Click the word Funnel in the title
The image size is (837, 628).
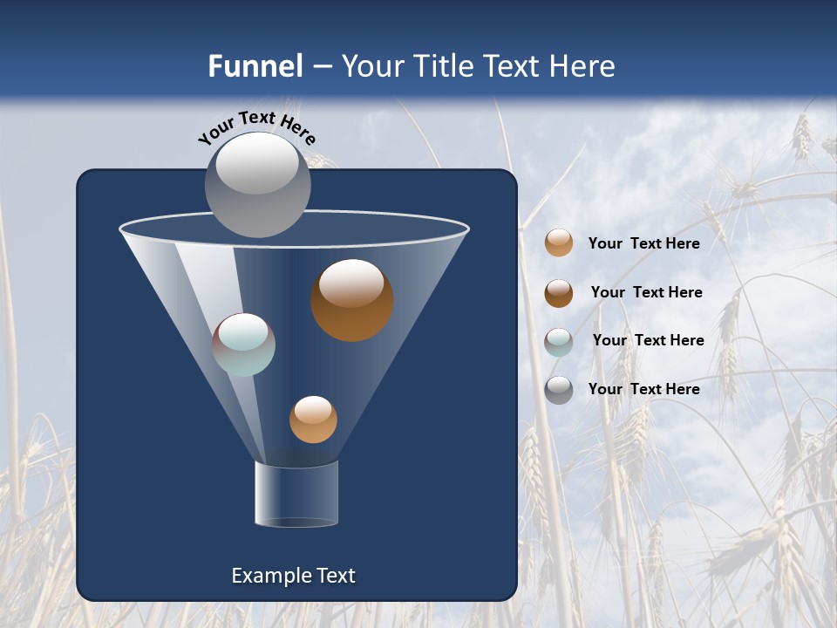click(255, 66)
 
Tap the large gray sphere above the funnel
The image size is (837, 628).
click(257, 185)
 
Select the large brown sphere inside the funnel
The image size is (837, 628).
click(351, 300)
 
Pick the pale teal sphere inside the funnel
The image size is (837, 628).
click(244, 345)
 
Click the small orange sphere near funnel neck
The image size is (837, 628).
click(313, 420)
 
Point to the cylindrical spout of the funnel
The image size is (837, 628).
click(296, 495)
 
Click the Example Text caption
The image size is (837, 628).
click(293, 576)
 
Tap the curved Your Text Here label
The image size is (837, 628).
click(256, 126)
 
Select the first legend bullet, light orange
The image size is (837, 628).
click(559, 243)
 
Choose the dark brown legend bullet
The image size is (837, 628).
click(559, 293)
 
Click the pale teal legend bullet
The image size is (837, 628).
click(559, 342)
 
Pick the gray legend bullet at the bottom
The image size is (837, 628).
click(559, 390)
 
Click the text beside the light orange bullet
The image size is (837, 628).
click(643, 243)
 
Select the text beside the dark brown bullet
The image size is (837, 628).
click(646, 292)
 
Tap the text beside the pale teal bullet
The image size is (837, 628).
click(648, 340)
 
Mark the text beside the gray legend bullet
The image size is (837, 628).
click(643, 389)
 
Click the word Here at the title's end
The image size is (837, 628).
click(583, 66)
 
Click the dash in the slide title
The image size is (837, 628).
click(322, 67)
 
